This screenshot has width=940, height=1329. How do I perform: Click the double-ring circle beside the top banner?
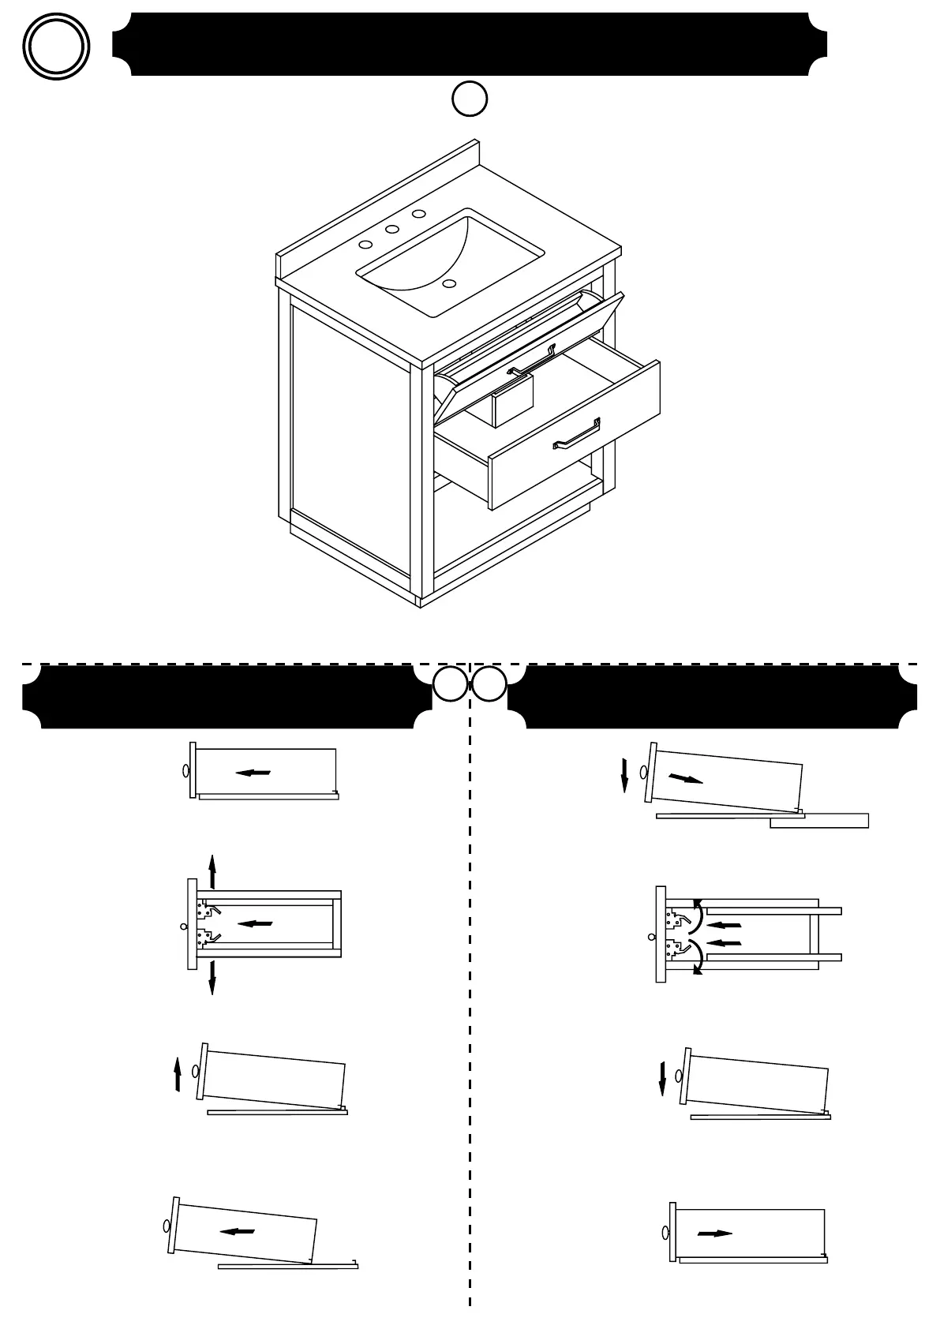(x=55, y=46)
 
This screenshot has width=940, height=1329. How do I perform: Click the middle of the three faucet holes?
(x=391, y=230)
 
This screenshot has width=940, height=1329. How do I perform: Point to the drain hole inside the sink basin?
(x=449, y=283)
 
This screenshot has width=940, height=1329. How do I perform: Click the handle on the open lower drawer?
(x=577, y=433)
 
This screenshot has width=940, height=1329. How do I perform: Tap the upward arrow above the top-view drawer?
(x=212, y=870)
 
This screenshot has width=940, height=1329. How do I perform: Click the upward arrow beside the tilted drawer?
(x=178, y=1076)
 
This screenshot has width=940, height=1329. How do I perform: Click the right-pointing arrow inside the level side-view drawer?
(x=715, y=1233)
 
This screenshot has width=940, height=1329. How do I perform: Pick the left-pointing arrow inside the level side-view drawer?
(x=253, y=773)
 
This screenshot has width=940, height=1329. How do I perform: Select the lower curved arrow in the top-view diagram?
(x=697, y=957)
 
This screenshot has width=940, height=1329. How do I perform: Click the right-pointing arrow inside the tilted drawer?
(x=685, y=779)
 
